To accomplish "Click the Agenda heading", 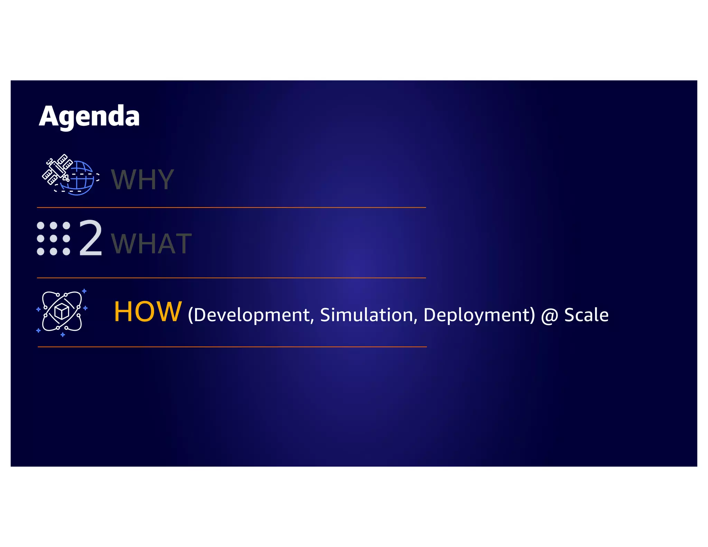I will (89, 117).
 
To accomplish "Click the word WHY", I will (142, 179).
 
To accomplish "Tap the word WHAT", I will (151, 244).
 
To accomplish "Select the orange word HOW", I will (148, 312).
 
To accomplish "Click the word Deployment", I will (479, 315).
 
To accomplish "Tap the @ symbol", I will (549, 316).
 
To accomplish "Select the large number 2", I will (91, 239).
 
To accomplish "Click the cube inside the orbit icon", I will (62, 312).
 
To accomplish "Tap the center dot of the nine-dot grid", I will (54, 239).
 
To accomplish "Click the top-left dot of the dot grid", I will (40, 226).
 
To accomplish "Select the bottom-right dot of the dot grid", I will (66, 251).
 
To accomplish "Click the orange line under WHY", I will (231, 207).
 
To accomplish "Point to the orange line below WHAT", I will (231, 278).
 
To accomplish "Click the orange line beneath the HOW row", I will (232, 347).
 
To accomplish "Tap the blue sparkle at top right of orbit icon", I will (84, 291).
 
